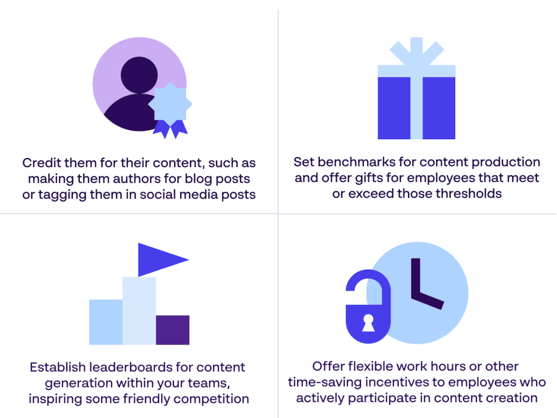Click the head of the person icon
click(x=139, y=75)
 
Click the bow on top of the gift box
click(x=417, y=51)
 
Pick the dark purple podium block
click(x=172, y=330)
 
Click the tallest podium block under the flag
click(x=139, y=311)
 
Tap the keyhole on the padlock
click(x=368, y=323)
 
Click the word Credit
click(x=41, y=163)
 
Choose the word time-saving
click(x=325, y=383)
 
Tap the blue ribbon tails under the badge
click(x=170, y=129)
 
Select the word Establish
click(x=58, y=367)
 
